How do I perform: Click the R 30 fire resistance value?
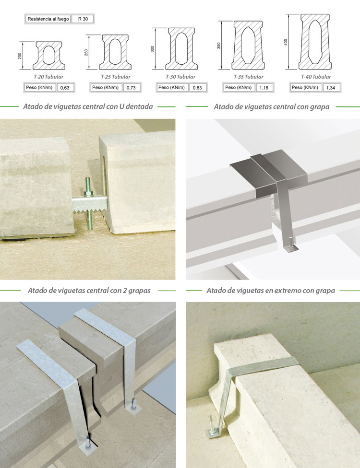pyautogui.click(x=83, y=19)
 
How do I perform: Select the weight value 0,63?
pyautogui.click(x=65, y=88)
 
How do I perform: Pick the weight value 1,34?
pyautogui.click(x=331, y=88)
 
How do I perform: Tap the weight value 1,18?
pyautogui.click(x=264, y=88)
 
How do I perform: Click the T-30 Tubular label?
pyautogui.click(x=180, y=77)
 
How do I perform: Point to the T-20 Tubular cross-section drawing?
pyautogui.click(x=49, y=56)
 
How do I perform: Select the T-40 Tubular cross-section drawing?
pyautogui.click(x=315, y=42)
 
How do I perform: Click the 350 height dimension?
pyautogui.click(x=219, y=46)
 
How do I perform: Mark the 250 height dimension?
pyautogui.click(x=86, y=53)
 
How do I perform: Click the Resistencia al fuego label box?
pyautogui.click(x=48, y=19)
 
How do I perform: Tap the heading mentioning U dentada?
pyautogui.click(x=88, y=106)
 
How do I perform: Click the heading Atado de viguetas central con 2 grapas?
pyautogui.click(x=89, y=291)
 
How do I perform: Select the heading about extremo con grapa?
pyautogui.click(x=271, y=291)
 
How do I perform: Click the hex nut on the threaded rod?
pyautogui.click(x=88, y=193)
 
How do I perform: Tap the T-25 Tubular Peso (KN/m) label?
pyautogui.click(x=106, y=87)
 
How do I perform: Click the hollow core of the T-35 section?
pyautogui.click(x=248, y=45)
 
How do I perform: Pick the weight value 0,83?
pyautogui.click(x=197, y=88)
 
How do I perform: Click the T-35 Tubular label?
pyautogui.click(x=248, y=77)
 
